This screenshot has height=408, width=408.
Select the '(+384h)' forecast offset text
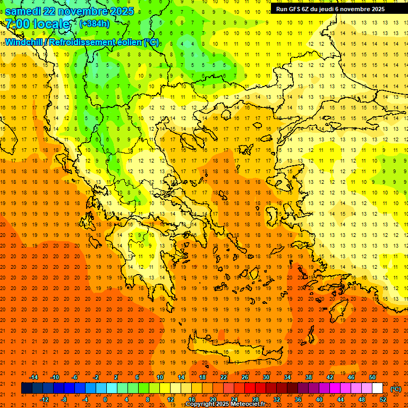pos(95,24)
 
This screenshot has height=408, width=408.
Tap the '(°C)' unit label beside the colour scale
pos(396,389)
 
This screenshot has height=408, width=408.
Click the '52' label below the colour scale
pos(383,399)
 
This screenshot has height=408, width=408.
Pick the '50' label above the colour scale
pos(372,377)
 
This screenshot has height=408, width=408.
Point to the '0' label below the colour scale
pos(106,399)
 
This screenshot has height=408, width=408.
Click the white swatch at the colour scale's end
pos(377,388)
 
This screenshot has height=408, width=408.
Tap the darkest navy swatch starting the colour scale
pos(27,388)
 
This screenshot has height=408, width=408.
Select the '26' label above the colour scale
pos(245,377)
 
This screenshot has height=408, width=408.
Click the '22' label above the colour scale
pos(224,377)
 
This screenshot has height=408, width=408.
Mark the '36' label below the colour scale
pos(298,399)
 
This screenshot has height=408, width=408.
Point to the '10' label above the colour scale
pos(160,377)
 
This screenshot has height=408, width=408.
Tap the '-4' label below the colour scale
pos(85,399)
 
